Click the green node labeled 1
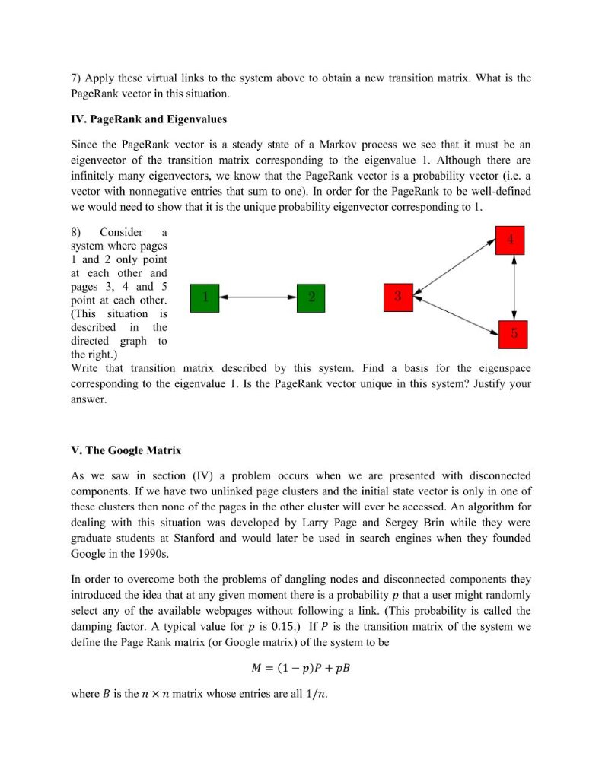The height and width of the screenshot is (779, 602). tap(205, 297)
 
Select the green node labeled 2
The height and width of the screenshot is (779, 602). tap(311, 297)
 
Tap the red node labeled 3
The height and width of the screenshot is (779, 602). tap(399, 297)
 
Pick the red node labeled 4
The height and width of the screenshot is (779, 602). tap(511, 240)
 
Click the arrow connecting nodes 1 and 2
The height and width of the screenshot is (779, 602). tap(257, 297)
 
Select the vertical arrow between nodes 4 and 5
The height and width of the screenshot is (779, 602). tap(515, 287)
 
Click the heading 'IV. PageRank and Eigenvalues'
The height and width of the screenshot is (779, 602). tap(148, 119)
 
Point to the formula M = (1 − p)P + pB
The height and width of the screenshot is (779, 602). tap(301, 668)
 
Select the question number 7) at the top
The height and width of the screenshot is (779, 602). tap(76, 78)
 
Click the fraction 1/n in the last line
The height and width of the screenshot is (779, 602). tap(312, 695)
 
